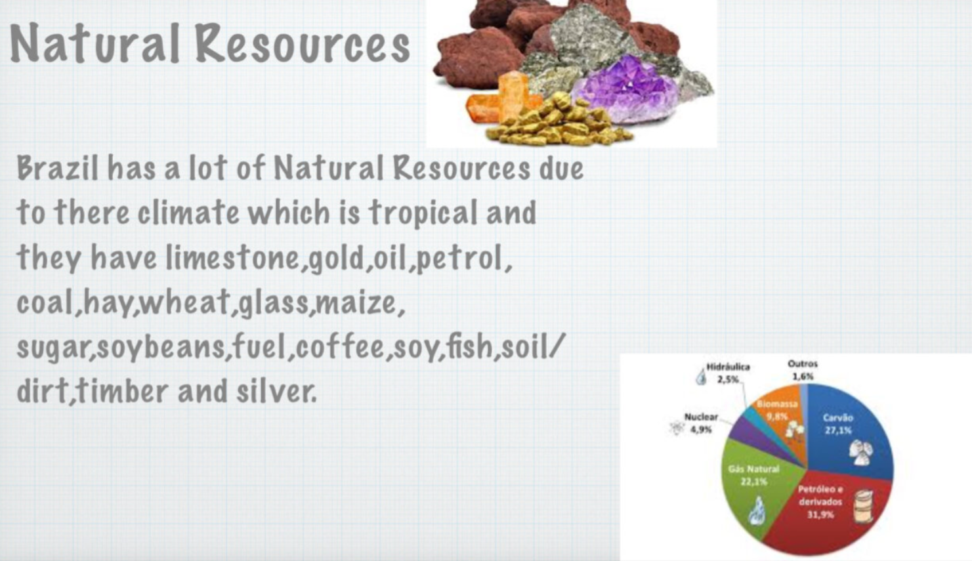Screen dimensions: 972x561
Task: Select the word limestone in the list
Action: tap(232, 258)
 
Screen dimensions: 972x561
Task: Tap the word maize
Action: tap(356, 302)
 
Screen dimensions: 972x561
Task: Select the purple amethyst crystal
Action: tap(625, 89)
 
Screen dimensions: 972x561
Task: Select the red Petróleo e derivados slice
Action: tap(824, 512)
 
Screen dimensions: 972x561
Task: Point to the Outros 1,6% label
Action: tap(803, 370)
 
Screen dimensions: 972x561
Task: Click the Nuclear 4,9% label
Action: tap(700, 423)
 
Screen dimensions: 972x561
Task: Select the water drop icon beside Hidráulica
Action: tap(700, 377)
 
